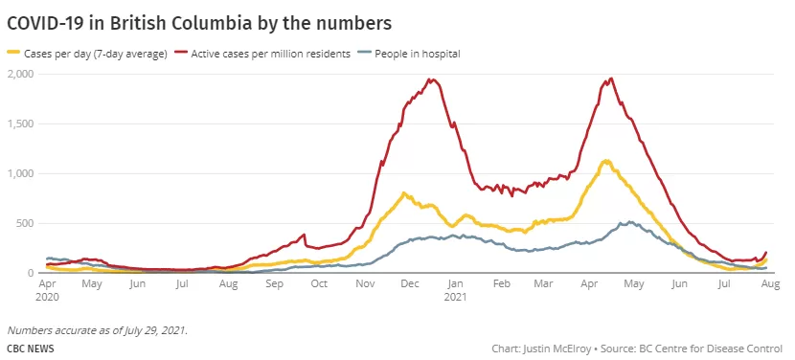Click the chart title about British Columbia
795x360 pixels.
pos(199,24)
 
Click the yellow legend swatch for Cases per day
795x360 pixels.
pos(13,52)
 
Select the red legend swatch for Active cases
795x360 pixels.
pos(180,52)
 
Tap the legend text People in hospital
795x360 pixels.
pos(418,54)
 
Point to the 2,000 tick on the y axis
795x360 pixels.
pos(20,74)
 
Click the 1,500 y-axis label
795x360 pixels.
pos(20,124)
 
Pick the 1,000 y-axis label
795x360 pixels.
pos(20,173)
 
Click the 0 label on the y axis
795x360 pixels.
pos(31,273)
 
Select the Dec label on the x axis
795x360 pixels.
pos(410,284)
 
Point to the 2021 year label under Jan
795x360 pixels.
pos(455,296)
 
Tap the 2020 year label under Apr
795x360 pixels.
pos(47,296)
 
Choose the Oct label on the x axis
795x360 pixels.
pos(319,284)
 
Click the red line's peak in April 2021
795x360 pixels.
pos(612,79)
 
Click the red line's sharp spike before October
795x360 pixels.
pos(305,235)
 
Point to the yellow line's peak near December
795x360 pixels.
pos(403,192)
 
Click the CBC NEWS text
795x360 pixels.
pos(31,349)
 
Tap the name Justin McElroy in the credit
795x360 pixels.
pos(556,349)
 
